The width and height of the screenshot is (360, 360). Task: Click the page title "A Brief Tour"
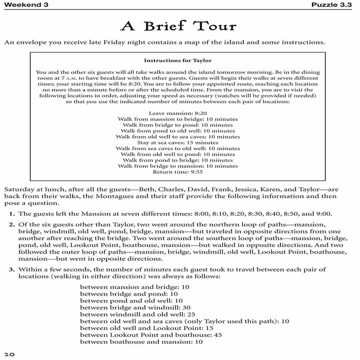pyautogui.click(x=179, y=26)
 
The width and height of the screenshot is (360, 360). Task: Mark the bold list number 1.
pyautogui.click(x=11, y=214)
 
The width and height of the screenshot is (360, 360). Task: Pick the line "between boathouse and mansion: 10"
pyautogui.click(x=134, y=341)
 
